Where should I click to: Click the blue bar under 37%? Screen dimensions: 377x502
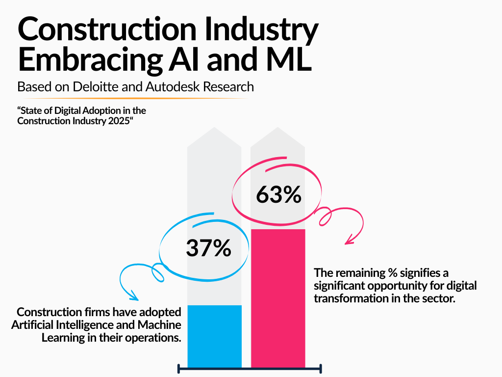pyautogui.click(x=214, y=336)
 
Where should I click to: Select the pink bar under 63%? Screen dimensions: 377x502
pyautogui.click(x=278, y=297)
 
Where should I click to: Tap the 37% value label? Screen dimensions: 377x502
pyautogui.click(x=208, y=248)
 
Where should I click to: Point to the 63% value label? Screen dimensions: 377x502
pyautogui.click(x=278, y=195)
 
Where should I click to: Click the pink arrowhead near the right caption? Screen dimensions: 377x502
pyautogui.click(x=350, y=240)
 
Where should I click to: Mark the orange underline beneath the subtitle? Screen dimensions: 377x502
pyautogui.click(x=132, y=99)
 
